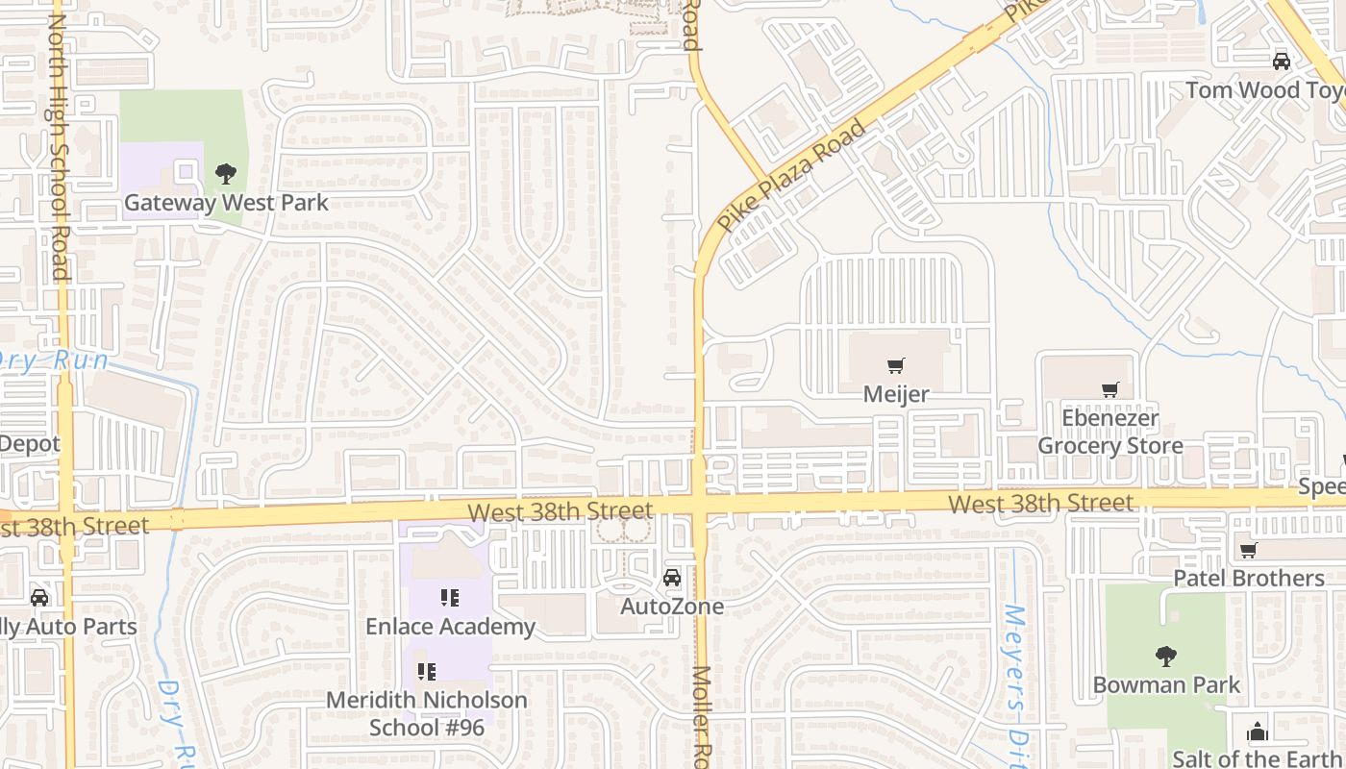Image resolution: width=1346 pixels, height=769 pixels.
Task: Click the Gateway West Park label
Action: click(226, 203)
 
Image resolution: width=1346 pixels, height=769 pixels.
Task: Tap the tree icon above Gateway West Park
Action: click(226, 174)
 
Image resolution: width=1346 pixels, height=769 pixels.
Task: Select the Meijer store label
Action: click(896, 394)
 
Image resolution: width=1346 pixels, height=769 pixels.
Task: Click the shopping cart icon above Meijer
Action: click(896, 365)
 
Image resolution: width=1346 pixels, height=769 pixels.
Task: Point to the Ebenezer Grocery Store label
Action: click(1110, 433)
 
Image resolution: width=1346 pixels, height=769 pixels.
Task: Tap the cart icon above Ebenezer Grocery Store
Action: click(1110, 389)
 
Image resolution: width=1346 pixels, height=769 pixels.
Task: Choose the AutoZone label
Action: click(672, 607)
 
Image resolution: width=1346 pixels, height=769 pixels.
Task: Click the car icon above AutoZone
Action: click(672, 578)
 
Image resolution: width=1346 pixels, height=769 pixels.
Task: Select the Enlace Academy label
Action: click(450, 627)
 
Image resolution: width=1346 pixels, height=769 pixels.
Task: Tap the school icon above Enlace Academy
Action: click(450, 598)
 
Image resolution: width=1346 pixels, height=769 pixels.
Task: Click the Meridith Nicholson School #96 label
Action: click(427, 713)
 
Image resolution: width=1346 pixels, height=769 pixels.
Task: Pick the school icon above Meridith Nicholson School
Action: click(427, 671)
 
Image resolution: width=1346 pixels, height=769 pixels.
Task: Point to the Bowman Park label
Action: click(1166, 685)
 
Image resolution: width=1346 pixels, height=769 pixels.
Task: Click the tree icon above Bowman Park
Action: click(1166, 657)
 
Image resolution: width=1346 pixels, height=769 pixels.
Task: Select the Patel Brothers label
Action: click(1249, 579)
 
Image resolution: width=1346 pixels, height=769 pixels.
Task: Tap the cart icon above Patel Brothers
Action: click(1249, 551)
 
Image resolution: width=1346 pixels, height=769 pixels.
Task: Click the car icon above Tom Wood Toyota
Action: click(1282, 62)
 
